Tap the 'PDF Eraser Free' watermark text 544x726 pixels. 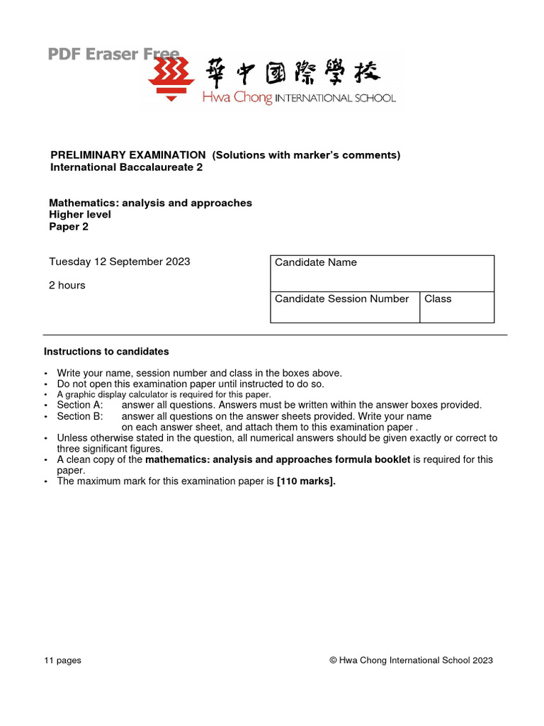[113, 54]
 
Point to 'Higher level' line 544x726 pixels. [80, 215]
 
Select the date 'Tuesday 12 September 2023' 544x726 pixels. [119, 262]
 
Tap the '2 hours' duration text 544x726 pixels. [67, 285]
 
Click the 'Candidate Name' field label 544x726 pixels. [315, 262]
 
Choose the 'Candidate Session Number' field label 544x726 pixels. [341, 298]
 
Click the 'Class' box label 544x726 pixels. [438, 298]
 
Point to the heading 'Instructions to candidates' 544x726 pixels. [106, 352]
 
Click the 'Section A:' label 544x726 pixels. [80, 405]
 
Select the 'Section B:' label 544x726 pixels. [80, 416]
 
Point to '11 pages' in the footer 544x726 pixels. [62, 660]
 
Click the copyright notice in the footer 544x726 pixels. [411, 660]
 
